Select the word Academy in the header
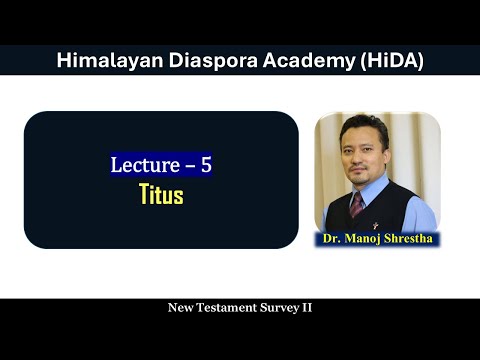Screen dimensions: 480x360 pos(308,62)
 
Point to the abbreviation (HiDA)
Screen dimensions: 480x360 pos(392,61)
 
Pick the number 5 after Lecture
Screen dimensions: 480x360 pos(206,165)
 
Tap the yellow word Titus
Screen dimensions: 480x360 pos(162,194)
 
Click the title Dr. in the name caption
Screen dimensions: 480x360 pos(332,239)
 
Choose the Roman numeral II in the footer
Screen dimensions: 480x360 pos(307,308)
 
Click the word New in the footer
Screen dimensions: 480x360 pos(180,308)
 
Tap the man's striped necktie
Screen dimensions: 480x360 pos(357,204)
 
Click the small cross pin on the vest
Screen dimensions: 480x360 pos(375,226)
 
